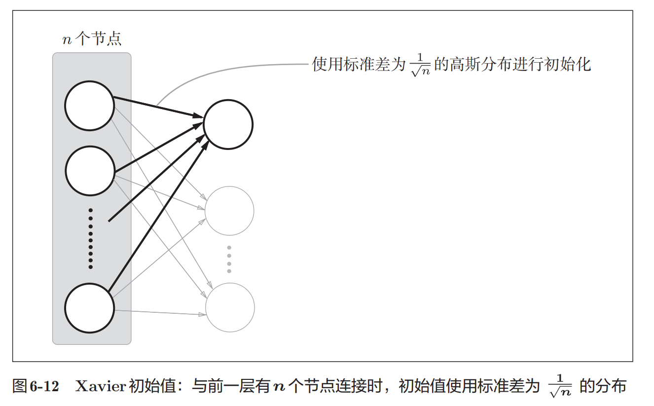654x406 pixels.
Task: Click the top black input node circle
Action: pos(89,106)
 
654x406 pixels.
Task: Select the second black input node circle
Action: pos(89,171)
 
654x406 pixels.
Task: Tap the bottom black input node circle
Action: pos(89,308)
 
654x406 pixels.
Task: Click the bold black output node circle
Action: pos(228,124)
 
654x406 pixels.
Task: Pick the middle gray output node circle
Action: pos(229,211)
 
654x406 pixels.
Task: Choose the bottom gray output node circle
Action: pos(230,307)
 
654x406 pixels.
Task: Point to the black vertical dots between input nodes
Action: pos(90,239)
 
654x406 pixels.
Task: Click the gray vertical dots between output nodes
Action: pos(229,259)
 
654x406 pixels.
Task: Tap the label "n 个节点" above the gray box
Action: pos(91,39)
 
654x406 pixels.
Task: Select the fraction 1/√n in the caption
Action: pos(560,385)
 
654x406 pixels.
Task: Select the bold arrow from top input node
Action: pos(158,107)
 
